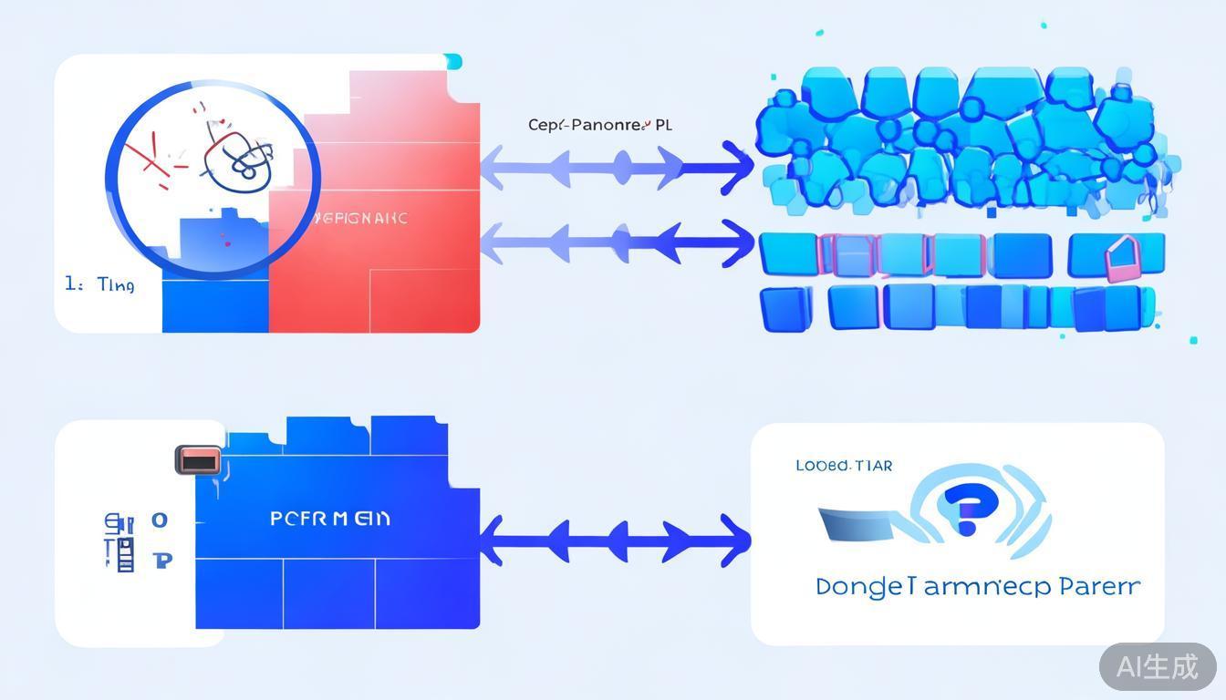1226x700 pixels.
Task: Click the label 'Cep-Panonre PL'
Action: pos(599,125)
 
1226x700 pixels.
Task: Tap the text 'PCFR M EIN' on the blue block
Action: pos(330,519)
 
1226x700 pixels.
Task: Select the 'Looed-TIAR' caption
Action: pos(844,466)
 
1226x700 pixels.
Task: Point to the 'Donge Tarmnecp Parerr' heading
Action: pos(977,586)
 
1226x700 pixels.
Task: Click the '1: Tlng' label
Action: pos(99,285)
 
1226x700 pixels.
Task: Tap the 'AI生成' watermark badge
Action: pos(1157,666)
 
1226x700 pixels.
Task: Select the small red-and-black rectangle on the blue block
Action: pos(198,460)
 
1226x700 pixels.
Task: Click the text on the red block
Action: pos(360,219)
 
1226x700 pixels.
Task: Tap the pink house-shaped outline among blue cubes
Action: pos(1121,260)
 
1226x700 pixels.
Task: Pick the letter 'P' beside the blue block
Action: pos(163,560)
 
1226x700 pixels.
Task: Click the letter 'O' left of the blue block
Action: pos(160,520)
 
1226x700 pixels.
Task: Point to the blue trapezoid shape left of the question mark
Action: pos(857,523)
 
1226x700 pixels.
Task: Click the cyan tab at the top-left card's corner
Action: pos(453,62)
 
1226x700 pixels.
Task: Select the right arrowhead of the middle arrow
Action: pos(737,243)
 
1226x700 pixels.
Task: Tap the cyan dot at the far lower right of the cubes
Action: pos(1193,340)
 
